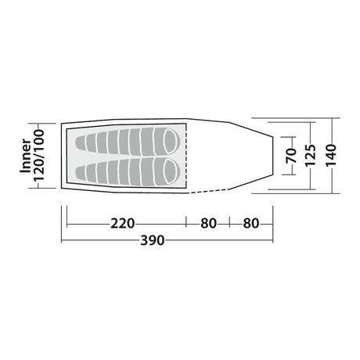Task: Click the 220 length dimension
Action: click(x=122, y=224)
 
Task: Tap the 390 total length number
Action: click(x=153, y=240)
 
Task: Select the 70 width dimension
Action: click(x=291, y=156)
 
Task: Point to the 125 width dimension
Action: click(x=311, y=155)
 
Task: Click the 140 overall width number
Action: click(x=331, y=155)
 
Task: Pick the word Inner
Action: click(x=26, y=156)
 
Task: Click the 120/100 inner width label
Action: click(x=39, y=156)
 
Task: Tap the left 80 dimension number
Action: click(x=208, y=224)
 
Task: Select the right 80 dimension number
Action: click(x=251, y=224)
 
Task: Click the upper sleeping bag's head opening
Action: click(x=170, y=141)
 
